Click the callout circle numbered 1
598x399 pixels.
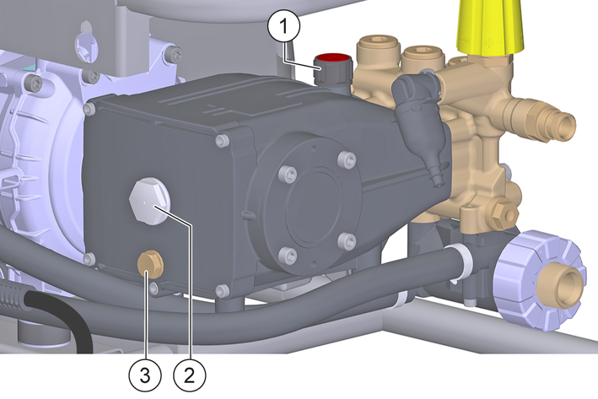tap(283, 25)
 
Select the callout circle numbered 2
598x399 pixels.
tap(190, 375)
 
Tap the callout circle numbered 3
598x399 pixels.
tap(145, 375)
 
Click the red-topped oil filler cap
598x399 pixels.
tap(332, 67)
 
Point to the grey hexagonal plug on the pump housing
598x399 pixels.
tap(150, 201)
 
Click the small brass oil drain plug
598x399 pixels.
tap(150, 263)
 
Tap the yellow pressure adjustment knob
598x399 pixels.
tap(490, 28)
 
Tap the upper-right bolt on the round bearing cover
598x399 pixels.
tap(347, 159)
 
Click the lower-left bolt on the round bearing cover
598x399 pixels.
tap(288, 255)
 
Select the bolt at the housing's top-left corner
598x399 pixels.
tap(89, 109)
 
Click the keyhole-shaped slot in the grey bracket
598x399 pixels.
tap(87, 43)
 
